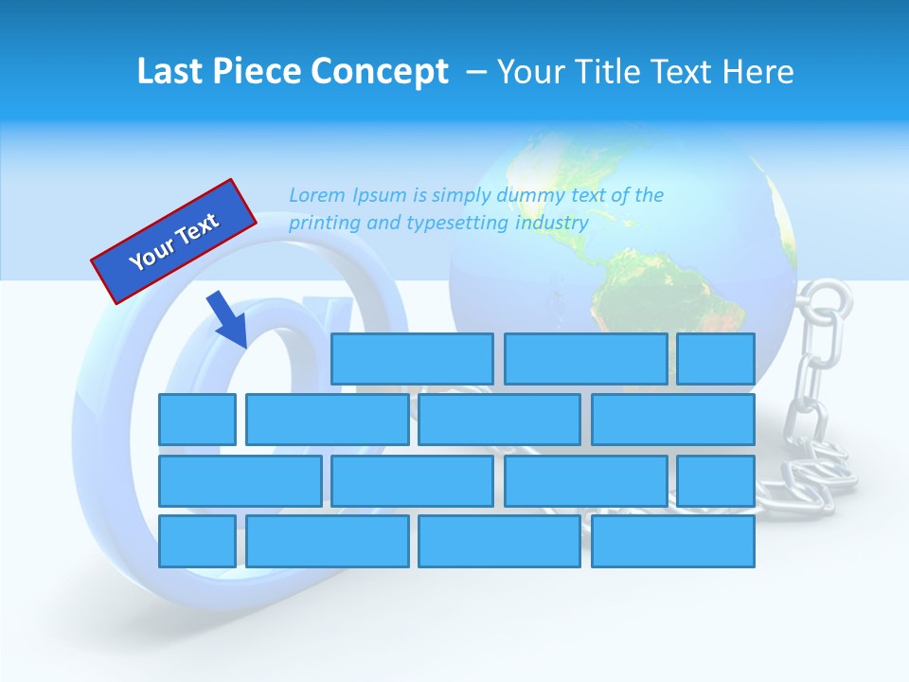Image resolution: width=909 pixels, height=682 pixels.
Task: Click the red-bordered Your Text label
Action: (x=174, y=241)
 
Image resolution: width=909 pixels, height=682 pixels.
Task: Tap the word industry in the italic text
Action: (x=552, y=223)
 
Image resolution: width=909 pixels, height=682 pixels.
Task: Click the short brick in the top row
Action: (x=716, y=359)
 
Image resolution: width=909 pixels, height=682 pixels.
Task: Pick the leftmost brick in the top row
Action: (x=412, y=359)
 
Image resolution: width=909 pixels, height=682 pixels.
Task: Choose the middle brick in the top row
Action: (x=585, y=359)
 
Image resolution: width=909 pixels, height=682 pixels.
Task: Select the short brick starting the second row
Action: (x=197, y=420)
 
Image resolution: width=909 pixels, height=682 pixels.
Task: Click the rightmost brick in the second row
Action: (x=672, y=420)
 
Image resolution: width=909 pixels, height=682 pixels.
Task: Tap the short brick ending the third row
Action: (x=716, y=481)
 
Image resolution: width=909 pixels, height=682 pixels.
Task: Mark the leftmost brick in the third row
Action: (x=240, y=481)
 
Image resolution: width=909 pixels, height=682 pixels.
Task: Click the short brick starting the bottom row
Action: (x=197, y=542)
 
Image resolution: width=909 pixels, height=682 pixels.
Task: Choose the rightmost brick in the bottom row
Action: (x=672, y=542)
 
